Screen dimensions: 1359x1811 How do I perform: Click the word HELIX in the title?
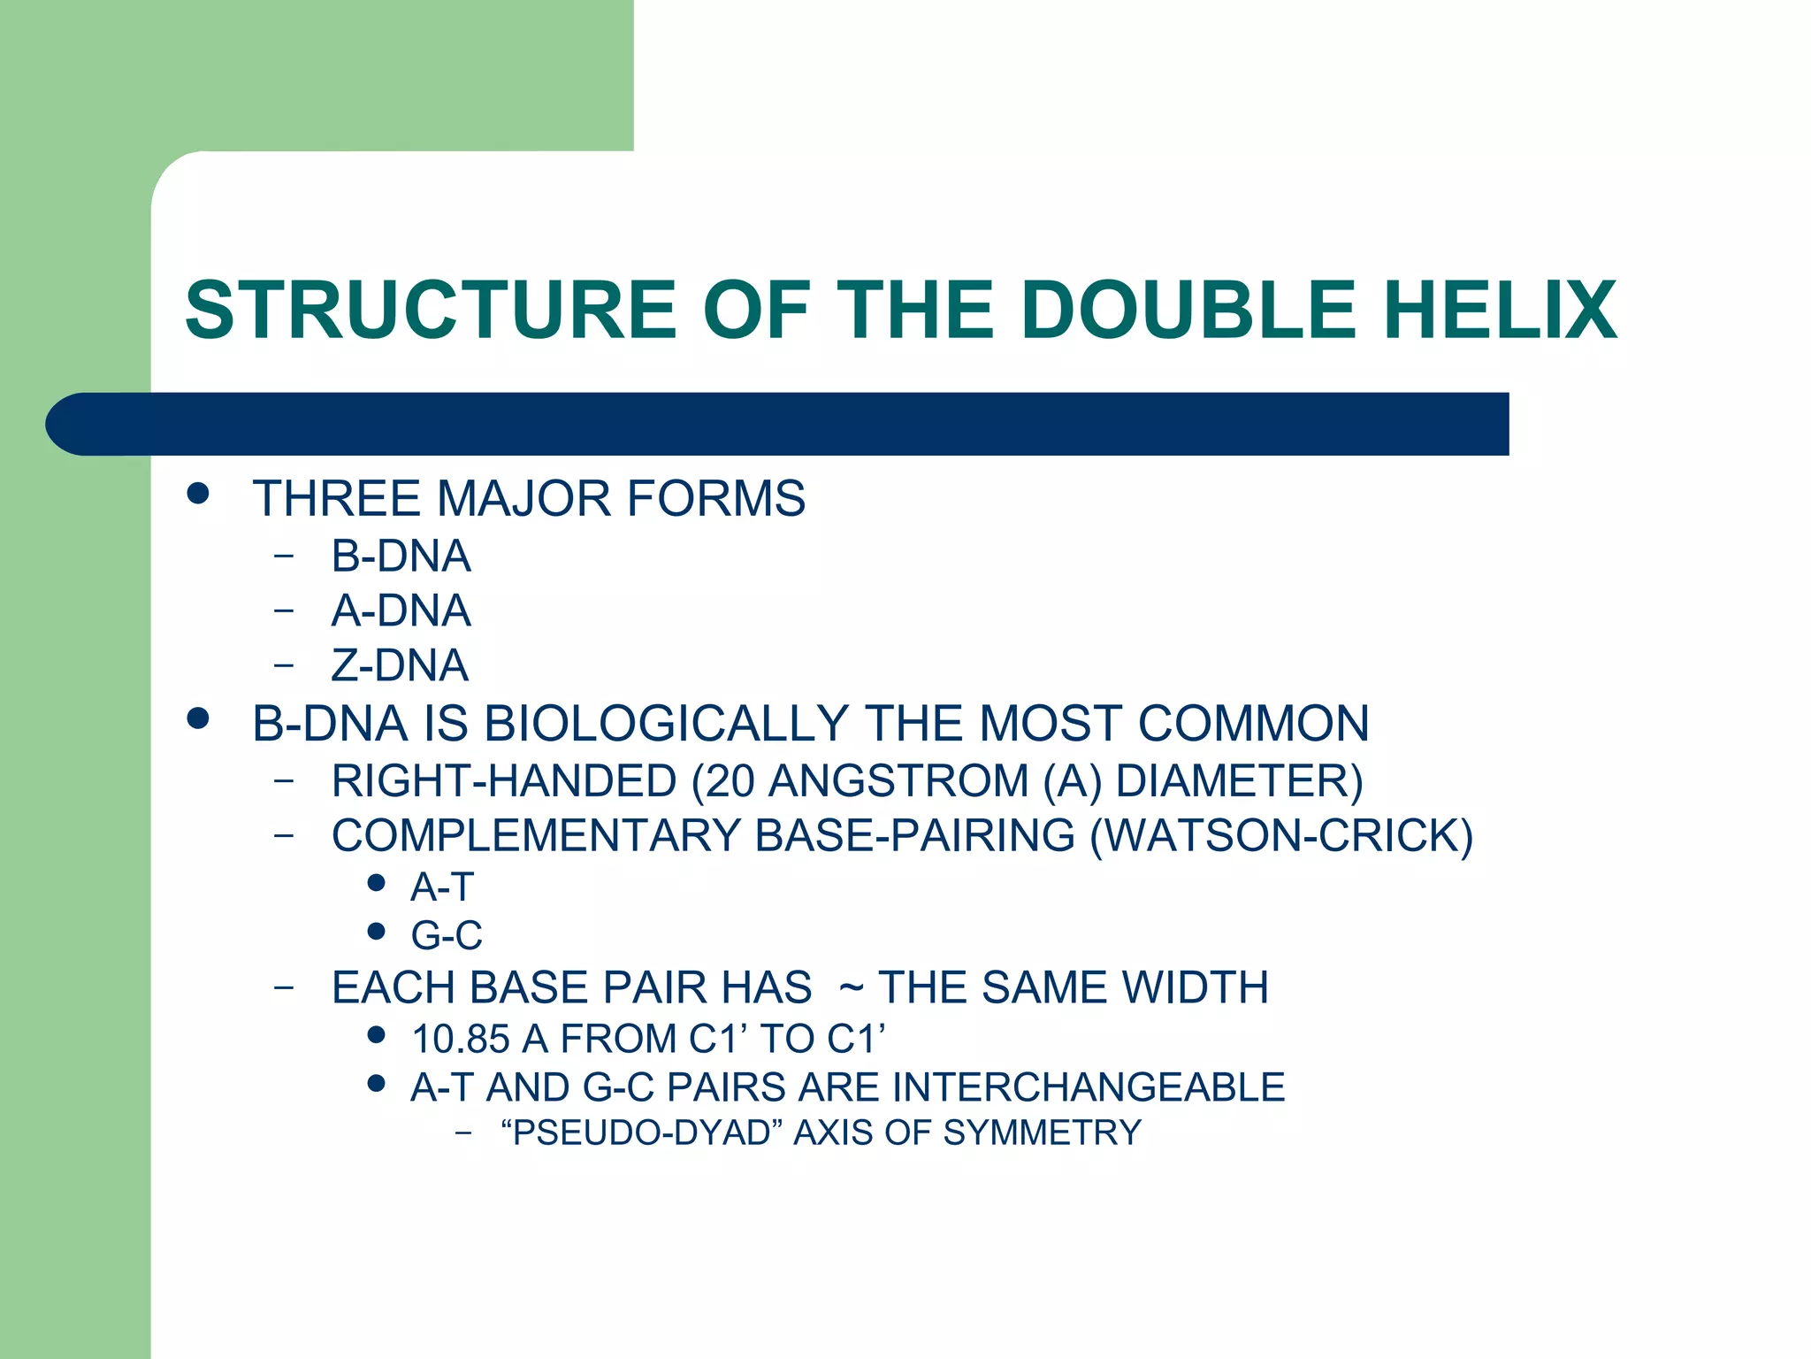[x=1500, y=310]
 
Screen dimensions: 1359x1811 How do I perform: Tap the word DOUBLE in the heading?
[x=1188, y=310]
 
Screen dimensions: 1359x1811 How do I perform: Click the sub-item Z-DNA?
[x=400, y=665]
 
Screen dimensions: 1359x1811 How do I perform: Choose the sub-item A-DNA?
[x=401, y=610]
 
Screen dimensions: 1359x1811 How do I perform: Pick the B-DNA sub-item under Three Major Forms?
[x=401, y=556]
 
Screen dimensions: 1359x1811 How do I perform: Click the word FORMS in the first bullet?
[x=716, y=498]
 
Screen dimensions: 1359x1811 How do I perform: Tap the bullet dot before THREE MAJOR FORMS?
[x=198, y=493]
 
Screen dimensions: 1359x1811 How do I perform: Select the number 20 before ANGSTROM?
[x=729, y=781]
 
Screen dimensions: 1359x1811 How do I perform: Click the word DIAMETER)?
[x=1239, y=781]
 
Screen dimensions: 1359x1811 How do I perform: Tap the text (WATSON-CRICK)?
[x=1281, y=836]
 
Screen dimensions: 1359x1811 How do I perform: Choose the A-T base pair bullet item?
[x=442, y=887]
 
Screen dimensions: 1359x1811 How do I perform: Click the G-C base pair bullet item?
[x=447, y=935]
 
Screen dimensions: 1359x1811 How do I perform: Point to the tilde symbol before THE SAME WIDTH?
[x=851, y=988]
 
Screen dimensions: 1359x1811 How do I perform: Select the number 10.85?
[x=461, y=1039]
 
